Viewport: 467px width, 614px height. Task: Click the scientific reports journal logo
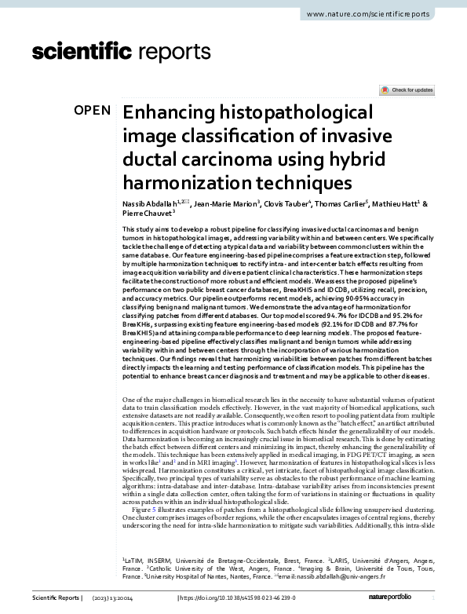coord(116,52)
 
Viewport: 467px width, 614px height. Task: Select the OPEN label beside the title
coord(93,110)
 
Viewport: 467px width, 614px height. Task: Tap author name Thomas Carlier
coord(344,204)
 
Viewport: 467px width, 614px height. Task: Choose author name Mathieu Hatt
coord(400,204)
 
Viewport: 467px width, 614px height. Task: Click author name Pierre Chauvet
coord(147,214)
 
